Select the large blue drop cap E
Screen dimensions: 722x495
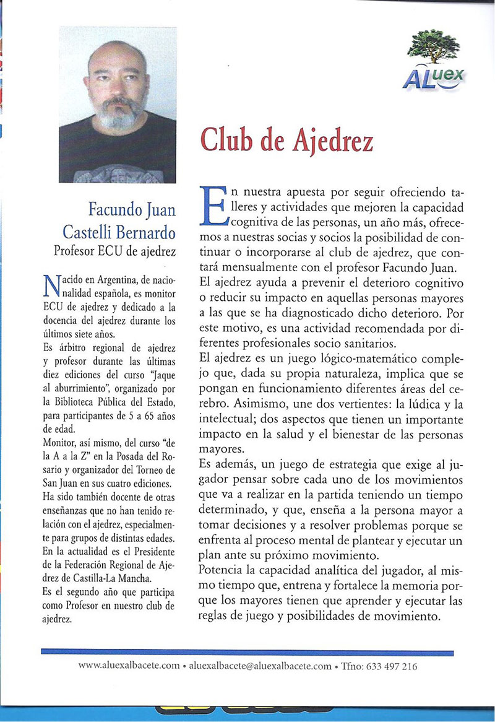pyautogui.click(x=213, y=204)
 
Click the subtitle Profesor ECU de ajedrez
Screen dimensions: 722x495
pyautogui.click(x=116, y=251)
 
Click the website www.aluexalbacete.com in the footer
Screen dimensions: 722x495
pyautogui.click(x=129, y=666)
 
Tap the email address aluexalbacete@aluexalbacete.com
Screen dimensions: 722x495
pyautogui.click(x=260, y=666)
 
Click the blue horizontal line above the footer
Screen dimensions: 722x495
pyautogui.click(x=247, y=652)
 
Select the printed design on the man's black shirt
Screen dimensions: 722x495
pyautogui.click(x=118, y=173)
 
